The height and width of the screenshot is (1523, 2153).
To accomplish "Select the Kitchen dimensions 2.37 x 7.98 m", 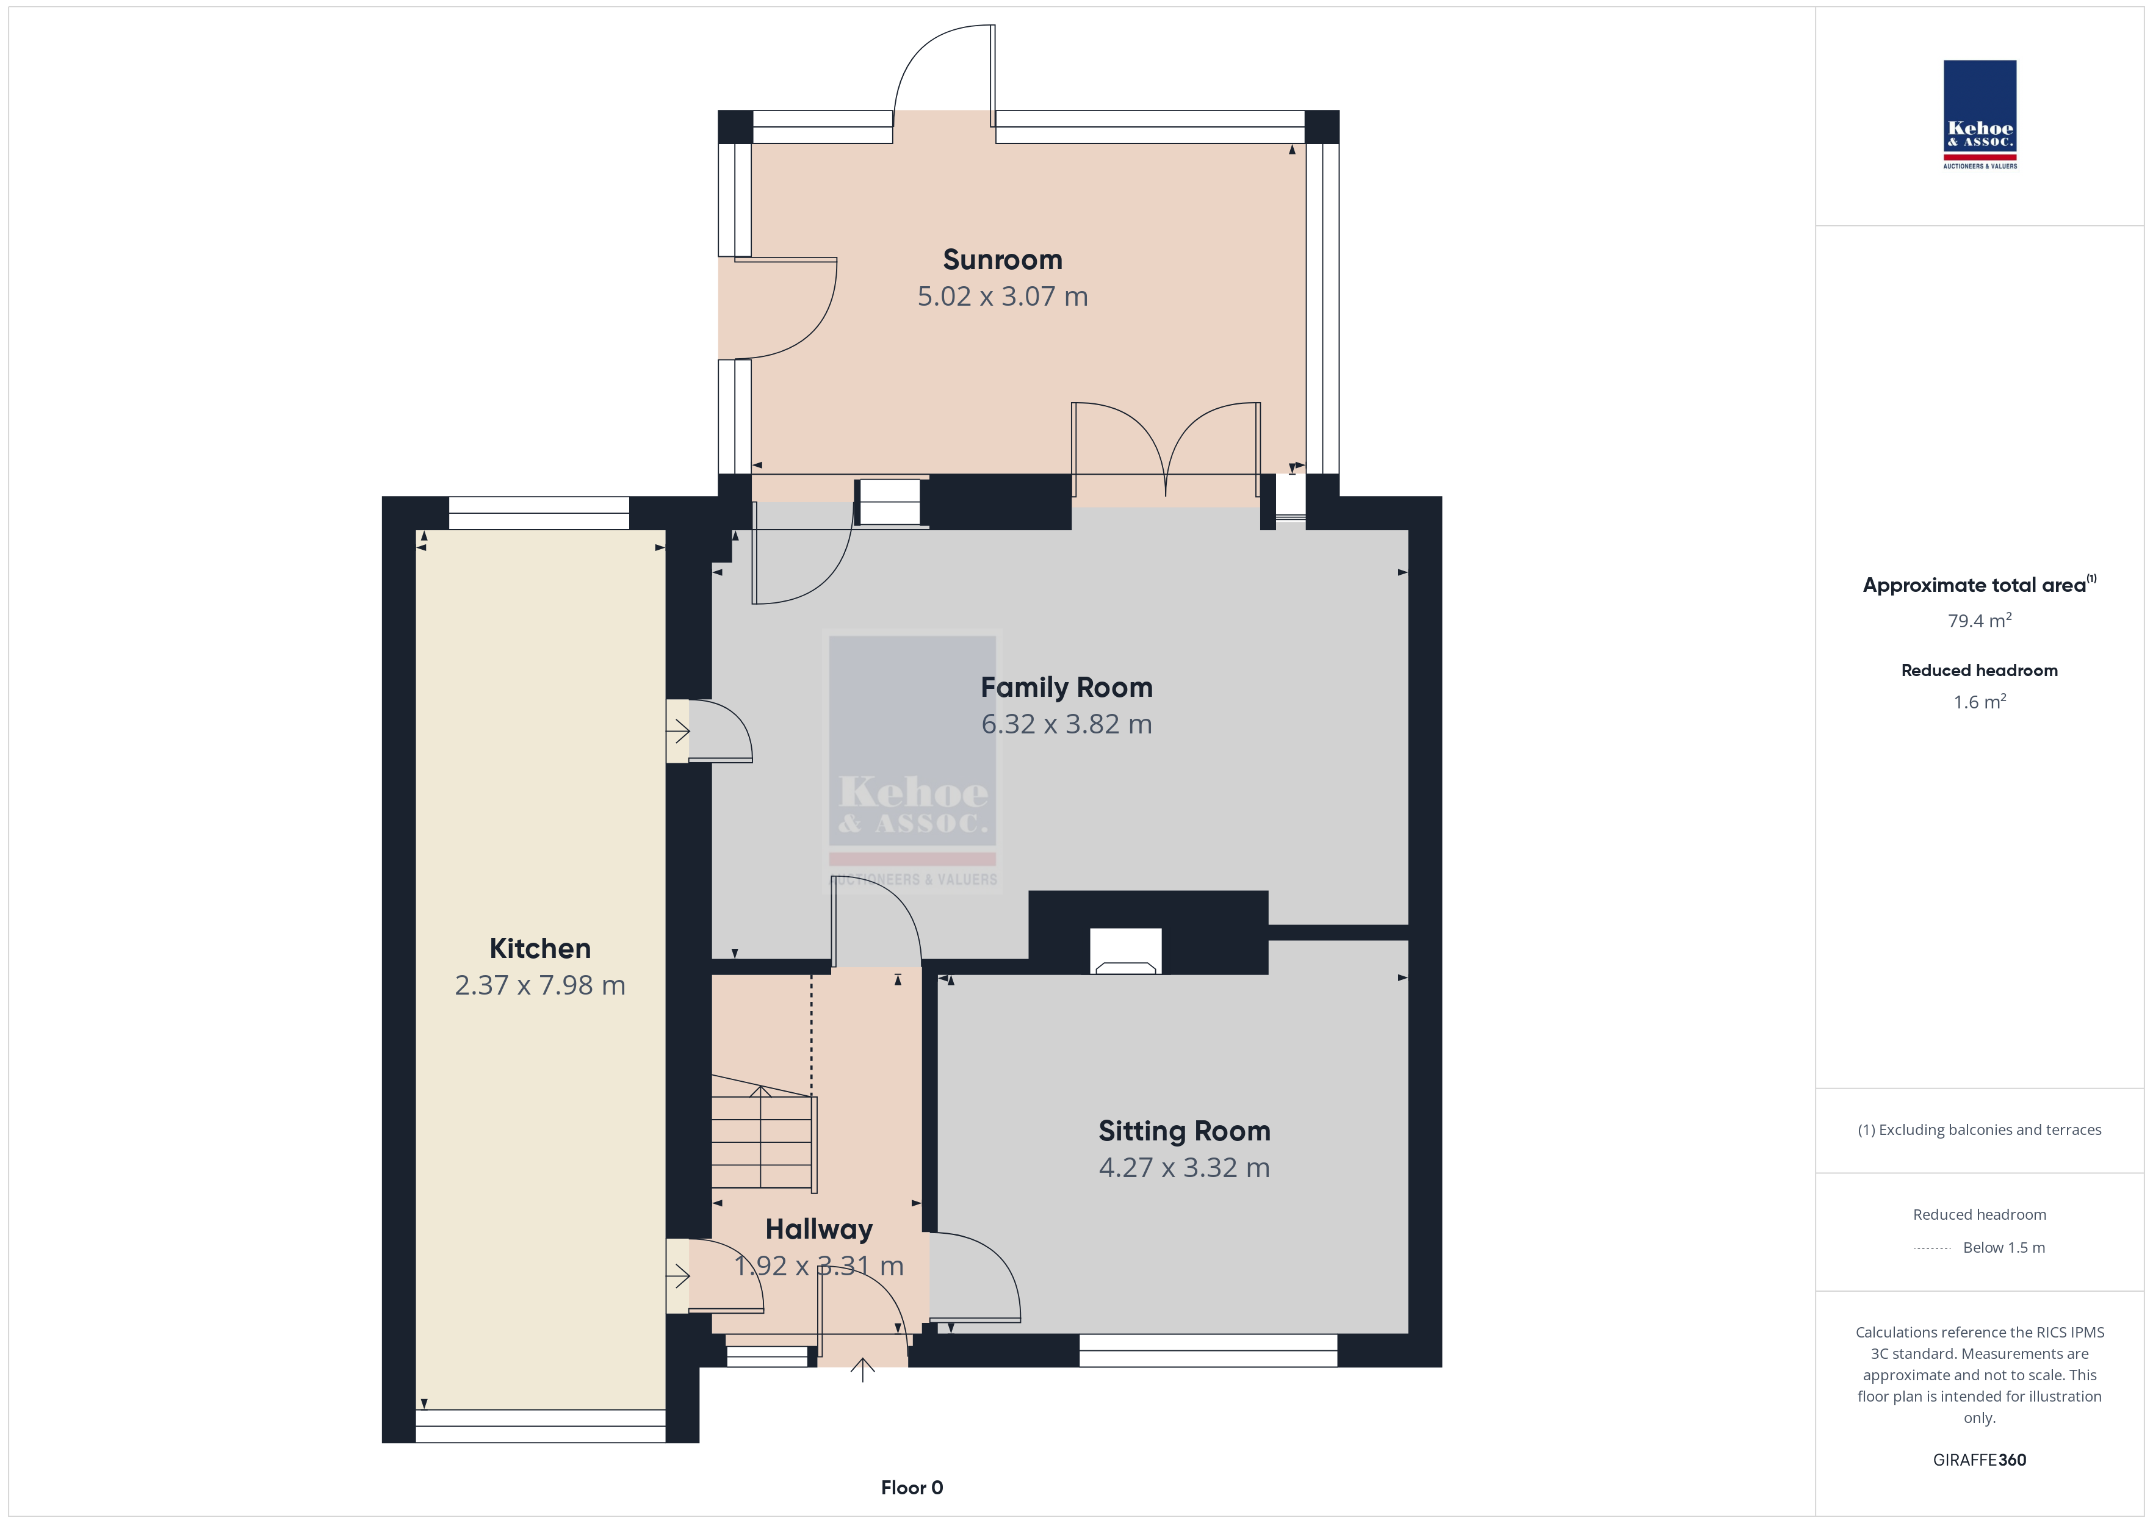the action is (x=540, y=985).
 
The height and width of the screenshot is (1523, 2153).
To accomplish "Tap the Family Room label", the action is (x=1066, y=688).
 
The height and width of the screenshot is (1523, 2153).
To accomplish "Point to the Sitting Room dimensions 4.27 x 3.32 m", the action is (x=1185, y=1167).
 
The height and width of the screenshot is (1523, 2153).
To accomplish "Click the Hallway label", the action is (x=818, y=1230).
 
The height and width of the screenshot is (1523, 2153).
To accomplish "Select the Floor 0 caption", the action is (x=912, y=1488).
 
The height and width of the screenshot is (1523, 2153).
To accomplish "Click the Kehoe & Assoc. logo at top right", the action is (x=1980, y=115).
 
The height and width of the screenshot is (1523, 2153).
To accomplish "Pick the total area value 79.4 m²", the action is (x=1980, y=621).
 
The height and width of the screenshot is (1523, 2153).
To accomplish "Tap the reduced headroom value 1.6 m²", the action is (x=1980, y=702).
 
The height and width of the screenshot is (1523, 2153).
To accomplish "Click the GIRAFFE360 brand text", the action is (x=1980, y=1460).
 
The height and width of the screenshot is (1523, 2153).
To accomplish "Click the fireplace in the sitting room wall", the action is (x=1125, y=951).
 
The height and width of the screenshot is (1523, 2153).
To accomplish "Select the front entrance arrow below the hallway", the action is (x=863, y=1370).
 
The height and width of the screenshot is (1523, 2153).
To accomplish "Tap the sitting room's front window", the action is (x=1208, y=1350).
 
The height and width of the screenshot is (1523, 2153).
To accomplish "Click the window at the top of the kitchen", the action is (x=539, y=513).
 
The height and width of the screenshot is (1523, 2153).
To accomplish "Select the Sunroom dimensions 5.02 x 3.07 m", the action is (x=1003, y=297).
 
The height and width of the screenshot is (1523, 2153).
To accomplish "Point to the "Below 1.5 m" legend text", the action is (x=2004, y=1247).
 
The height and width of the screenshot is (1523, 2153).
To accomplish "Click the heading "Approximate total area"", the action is (x=1974, y=585).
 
